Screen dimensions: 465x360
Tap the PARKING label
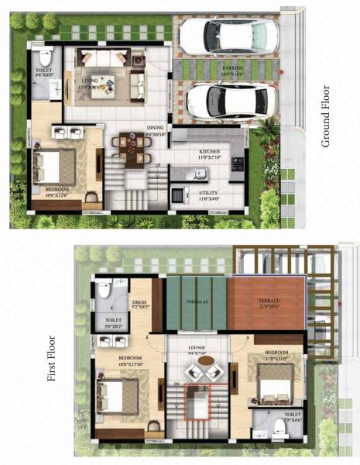point(233,68)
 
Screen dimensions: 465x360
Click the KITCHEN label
point(210,152)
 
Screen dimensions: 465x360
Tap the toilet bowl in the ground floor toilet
point(45,59)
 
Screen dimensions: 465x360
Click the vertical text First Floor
point(53,357)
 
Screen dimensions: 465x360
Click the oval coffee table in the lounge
point(206,360)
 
